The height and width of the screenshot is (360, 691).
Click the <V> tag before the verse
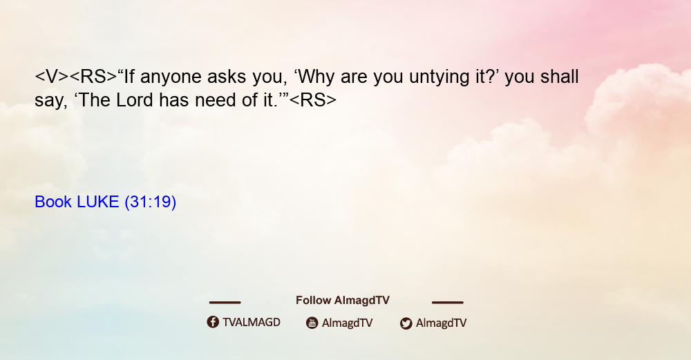coord(52,77)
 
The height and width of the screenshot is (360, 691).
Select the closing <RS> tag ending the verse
coord(313,100)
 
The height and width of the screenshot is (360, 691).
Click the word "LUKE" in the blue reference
coord(98,202)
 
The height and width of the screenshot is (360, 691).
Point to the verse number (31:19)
coord(150,202)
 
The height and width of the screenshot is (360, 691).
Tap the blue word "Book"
coord(53,202)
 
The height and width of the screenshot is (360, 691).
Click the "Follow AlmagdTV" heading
coord(343,301)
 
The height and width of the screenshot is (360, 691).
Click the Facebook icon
coord(213,322)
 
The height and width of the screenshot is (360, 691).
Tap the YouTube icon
coord(312,323)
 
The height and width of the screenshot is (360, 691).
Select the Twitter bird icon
coord(406,323)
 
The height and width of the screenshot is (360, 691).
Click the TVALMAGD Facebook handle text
coord(252,322)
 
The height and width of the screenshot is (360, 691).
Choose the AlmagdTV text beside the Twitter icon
coord(441,323)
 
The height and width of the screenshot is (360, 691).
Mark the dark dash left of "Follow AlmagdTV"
coord(225,302)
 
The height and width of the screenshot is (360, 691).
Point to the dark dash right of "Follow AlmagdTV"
coord(448,302)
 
